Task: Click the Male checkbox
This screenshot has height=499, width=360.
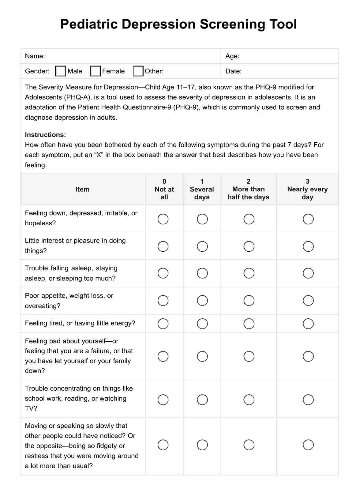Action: pyautogui.click(x=61, y=71)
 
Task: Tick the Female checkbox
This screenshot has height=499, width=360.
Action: pyautogui.click(x=96, y=71)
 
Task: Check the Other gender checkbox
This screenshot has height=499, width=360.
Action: pyautogui.click(x=138, y=71)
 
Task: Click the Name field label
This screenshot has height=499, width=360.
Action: pyautogui.click(x=35, y=56)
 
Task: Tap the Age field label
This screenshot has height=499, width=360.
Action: pyautogui.click(x=232, y=56)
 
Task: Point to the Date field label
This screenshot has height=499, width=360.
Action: pyautogui.click(x=233, y=71)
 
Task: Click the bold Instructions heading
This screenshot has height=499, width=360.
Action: pyautogui.click(x=45, y=135)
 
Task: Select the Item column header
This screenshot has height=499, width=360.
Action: pyautogui.click(x=83, y=189)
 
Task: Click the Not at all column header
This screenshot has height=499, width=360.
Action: pyautogui.click(x=164, y=189)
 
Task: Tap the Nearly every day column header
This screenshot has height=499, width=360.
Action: pyautogui.click(x=307, y=189)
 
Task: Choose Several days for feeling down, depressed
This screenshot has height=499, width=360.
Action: pyautogui.click(x=202, y=219)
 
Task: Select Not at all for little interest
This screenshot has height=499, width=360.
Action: pyautogui.click(x=163, y=246)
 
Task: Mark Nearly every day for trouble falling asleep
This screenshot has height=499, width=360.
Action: pyautogui.click(x=308, y=273)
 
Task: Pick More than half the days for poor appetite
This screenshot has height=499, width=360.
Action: pyautogui.click(x=249, y=301)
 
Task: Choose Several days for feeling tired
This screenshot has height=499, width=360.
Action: pyautogui.click(x=202, y=324)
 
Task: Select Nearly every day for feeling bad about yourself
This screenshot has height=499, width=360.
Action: pyautogui.click(x=308, y=356)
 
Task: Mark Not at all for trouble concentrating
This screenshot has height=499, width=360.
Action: pyautogui.click(x=163, y=400)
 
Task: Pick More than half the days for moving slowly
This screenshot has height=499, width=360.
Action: pyautogui.click(x=249, y=445)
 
